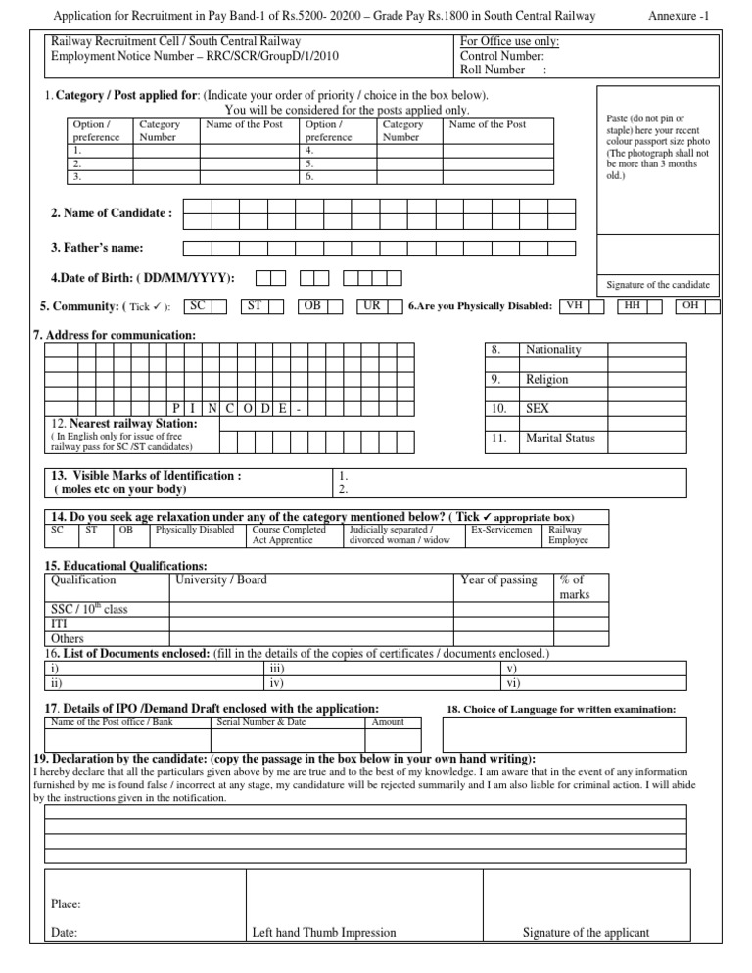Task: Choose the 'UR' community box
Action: coord(371,306)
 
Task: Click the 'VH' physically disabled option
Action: coord(575,306)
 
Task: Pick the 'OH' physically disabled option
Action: coord(690,306)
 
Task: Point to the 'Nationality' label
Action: coord(553,349)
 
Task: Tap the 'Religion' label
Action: coord(547,379)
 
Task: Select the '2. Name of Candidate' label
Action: coord(112,212)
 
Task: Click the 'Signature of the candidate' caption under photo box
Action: coord(657,285)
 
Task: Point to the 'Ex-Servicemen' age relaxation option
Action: coord(501,529)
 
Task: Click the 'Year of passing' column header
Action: coord(498,579)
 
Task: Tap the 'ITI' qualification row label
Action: coord(59,624)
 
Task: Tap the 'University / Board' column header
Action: coord(220,579)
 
